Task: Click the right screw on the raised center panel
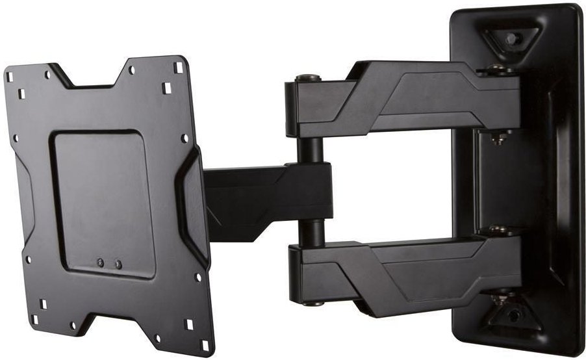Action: [118, 264]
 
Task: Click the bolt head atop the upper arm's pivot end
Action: [307, 79]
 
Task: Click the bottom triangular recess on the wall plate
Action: [512, 315]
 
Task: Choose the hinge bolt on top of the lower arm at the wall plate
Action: [498, 230]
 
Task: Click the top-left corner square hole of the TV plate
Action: [10, 77]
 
